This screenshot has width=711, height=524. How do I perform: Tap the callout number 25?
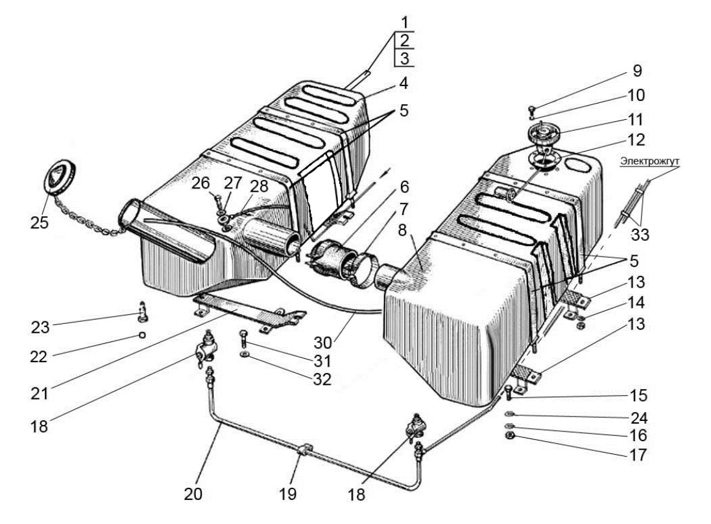(x=40, y=222)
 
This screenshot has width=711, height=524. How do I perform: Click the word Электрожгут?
(x=650, y=161)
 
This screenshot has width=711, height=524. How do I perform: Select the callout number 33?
(x=640, y=234)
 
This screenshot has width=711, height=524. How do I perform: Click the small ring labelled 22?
(x=142, y=335)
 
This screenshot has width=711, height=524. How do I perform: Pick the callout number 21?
(x=40, y=393)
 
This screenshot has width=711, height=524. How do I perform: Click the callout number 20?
(x=193, y=494)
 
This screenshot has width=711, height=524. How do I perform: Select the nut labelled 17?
(x=509, y=436)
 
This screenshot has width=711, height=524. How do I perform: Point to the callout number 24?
(x=638, y=418)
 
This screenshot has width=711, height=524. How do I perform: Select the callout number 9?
(x=637, y=71)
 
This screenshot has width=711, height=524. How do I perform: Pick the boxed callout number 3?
(x=404, y=58)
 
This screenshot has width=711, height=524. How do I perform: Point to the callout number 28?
(x=259, y=186)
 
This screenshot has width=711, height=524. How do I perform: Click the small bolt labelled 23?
(x=142, y=312)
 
